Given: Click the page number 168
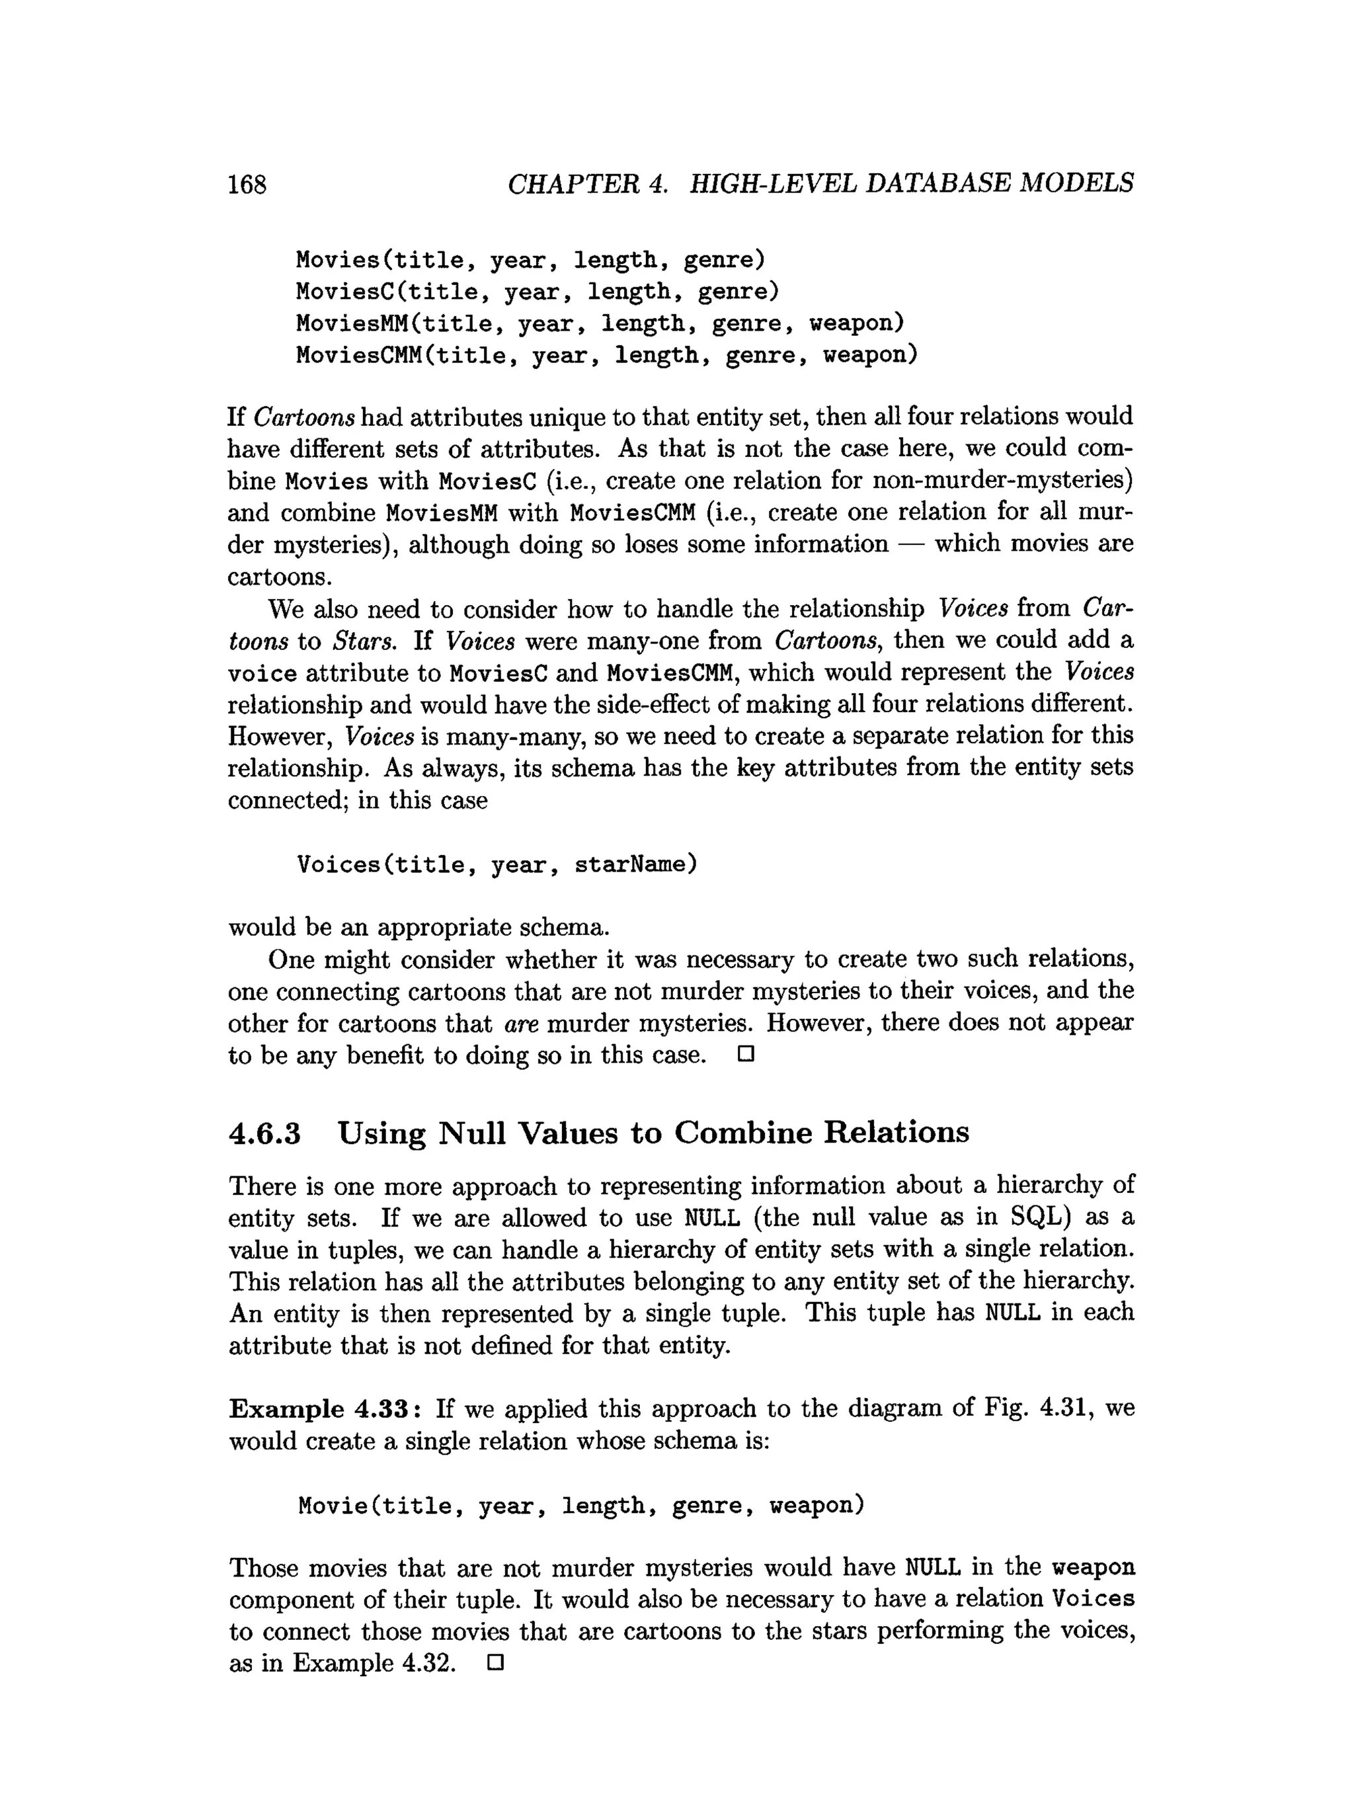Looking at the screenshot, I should (247, 185).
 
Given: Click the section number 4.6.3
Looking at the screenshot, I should (264, 1133).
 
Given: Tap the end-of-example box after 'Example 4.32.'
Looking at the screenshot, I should (495, 1664).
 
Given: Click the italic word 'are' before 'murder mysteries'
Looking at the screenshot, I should (520, 1024).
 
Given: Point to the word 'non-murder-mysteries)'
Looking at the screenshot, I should (1002, 481).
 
